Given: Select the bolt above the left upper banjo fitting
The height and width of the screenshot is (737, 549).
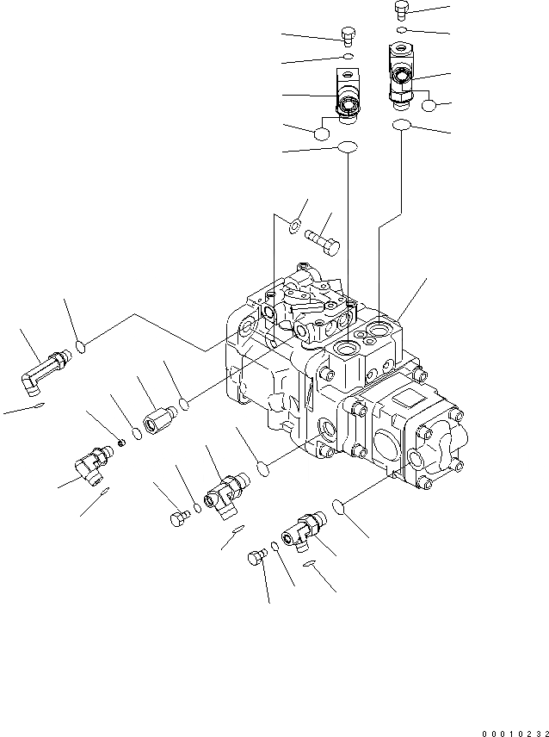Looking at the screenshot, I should [x=348, y=36].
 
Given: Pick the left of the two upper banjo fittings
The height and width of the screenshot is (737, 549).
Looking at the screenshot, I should [x=346, y=96].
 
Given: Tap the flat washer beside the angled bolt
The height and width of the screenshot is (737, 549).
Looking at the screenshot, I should [x=293, y=226].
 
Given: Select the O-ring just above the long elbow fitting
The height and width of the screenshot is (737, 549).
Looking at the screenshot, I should [x=81, y=346].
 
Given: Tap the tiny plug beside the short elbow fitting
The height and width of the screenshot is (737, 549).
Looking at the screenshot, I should [x=122, y=442].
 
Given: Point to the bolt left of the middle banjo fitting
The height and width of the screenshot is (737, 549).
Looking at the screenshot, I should [x=178, y=518].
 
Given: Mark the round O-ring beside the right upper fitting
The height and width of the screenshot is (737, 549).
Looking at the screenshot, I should [x=430, y=106].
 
